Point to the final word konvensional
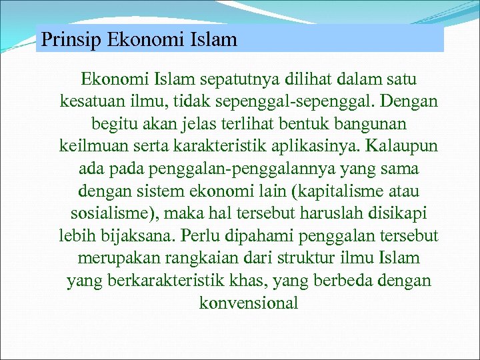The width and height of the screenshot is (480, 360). point(249,303)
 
